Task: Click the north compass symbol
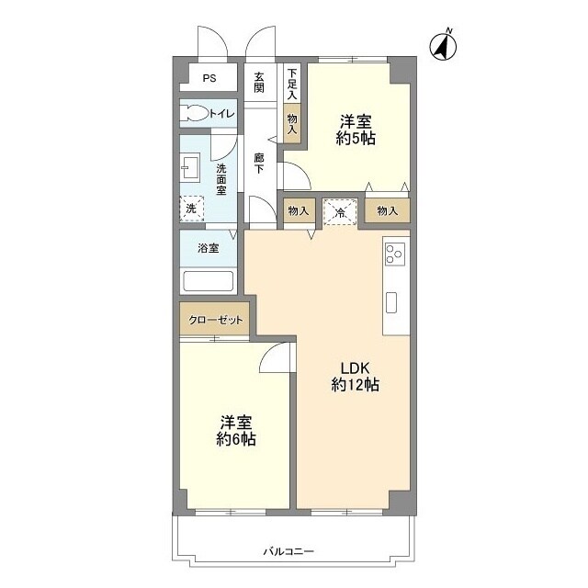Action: (443, 46)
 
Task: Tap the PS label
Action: (209, 78)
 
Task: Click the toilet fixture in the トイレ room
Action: (194, 113)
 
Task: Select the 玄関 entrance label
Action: (259, 83)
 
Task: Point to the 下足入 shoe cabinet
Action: (292, 83)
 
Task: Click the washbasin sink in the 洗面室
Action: (190, 169)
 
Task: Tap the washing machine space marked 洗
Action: (192, 209)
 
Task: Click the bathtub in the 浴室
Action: (209, 280)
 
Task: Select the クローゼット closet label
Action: (216, 320)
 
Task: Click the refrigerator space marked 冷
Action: (340, 212)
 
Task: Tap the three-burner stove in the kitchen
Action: (395, 254)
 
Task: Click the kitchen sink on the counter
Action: (391, 302)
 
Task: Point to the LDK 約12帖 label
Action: (355, 377)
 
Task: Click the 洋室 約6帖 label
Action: (236, 431)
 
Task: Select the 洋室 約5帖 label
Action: (356, 130)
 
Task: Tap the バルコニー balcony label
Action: (288, 551)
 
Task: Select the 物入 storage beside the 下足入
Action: (292, 123)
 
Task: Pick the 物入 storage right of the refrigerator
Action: (388, 210)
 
